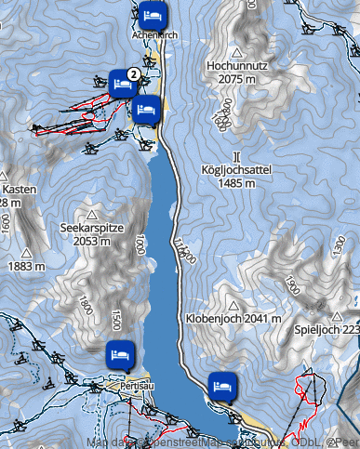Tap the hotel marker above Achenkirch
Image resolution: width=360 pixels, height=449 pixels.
[154, 15]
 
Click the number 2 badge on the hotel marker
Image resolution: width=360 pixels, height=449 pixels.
[133, 72]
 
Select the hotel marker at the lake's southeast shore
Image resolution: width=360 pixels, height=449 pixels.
[220, 383]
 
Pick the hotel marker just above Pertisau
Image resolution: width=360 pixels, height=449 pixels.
[120, 354]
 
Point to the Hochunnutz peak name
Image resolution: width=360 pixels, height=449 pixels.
[238, 68]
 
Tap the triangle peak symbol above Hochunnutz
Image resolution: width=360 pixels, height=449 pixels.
[238, 53]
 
